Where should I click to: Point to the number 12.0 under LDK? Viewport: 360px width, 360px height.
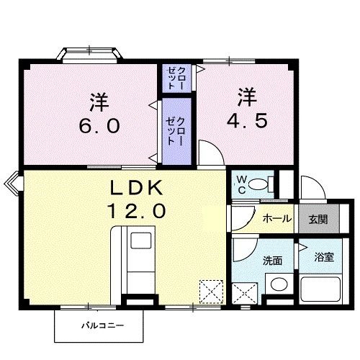pos(138,211)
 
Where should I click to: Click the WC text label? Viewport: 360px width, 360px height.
pos(241,183)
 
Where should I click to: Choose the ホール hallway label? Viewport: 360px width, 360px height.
pos(276,219)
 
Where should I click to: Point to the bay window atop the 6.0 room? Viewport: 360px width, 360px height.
pos(89,55)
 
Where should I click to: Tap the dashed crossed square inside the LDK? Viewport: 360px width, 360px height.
pos(212,292)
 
